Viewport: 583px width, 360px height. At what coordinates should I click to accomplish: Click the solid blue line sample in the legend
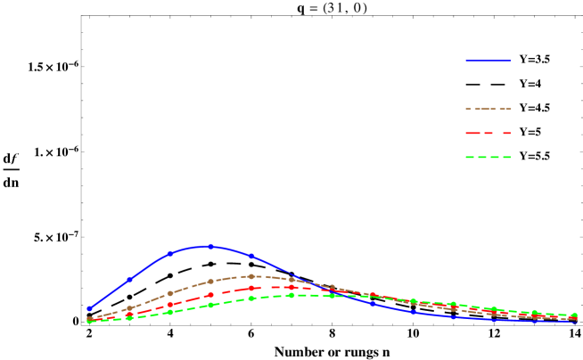[488, 61]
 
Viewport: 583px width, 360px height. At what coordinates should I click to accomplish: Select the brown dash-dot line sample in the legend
[488, 109]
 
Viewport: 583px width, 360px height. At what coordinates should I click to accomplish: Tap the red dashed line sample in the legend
[488, 133]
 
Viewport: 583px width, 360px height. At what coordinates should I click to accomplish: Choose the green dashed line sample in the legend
[488, 157]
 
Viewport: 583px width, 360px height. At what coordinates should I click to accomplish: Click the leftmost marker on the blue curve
[89, 308]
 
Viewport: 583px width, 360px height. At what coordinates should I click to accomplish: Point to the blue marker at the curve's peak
[210, 246]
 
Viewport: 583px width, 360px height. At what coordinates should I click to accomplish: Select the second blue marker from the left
[130, 279]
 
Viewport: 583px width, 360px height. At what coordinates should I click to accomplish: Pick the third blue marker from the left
[170, 253]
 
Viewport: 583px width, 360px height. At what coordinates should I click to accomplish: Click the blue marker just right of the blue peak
[251, 256]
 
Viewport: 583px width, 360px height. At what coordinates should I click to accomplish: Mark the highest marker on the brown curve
[251, 276]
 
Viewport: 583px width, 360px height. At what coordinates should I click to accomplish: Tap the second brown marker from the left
[130, 308]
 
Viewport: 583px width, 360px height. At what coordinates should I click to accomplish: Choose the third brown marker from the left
[170, 293]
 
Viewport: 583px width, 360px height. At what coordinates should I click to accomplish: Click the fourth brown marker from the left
[210, 282]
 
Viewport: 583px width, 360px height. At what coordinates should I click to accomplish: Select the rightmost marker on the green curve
[574, 315]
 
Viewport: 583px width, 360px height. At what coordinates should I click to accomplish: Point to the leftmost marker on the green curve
[89, 321]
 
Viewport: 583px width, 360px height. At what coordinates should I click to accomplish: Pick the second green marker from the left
[130, 317]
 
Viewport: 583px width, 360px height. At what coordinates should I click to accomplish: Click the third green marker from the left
[170, 312]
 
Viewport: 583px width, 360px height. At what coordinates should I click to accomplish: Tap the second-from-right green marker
[534, 313]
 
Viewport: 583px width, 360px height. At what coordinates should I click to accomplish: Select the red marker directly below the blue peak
[210, 294]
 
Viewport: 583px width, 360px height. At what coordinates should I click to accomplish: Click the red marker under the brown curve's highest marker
[251, 288]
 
